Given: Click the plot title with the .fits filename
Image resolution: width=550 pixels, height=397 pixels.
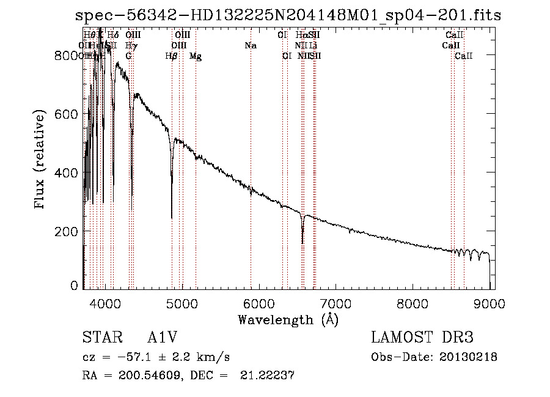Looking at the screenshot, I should [x=287, y=15].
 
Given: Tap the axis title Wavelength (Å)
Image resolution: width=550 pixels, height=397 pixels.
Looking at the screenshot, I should [x=288, y=319].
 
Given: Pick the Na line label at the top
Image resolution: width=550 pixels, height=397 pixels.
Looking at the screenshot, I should [x=250, y=46].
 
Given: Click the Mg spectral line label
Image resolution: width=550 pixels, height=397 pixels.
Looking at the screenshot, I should [x=196, y=56].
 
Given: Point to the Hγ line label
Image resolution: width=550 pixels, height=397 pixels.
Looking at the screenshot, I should [x=130, y=46].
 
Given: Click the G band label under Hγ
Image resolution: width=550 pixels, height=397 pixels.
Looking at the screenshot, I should [x=128, y=56].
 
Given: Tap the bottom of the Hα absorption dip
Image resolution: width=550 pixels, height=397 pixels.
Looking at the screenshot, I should [x=302, y=242].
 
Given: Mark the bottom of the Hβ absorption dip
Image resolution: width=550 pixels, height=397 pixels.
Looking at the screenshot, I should [x=172, y=217].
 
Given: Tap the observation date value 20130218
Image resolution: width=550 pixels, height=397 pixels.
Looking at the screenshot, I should [x=468, y=357].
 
